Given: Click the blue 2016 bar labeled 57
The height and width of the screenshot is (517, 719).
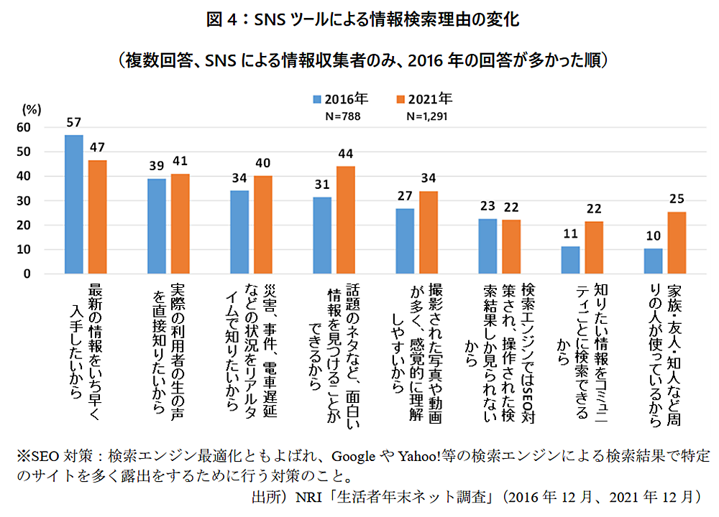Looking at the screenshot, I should click(73, 205).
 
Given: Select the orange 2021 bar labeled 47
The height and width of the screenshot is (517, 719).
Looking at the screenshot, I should click(98, 217).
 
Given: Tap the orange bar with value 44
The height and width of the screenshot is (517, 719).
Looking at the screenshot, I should click(346, 220).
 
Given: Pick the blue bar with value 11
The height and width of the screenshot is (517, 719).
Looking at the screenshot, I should click(569, 260).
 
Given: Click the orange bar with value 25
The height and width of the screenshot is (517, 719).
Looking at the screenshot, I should click(677, 243).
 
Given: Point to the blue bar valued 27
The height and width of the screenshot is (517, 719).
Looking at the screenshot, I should click(405, 241).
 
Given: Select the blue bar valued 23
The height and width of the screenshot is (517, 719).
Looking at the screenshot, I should click(487, 246).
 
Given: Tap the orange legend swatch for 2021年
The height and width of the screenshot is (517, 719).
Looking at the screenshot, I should click(400, 99).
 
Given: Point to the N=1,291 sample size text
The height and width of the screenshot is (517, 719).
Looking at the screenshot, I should click(427, 115).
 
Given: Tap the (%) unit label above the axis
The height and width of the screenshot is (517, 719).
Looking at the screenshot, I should click(32, 110).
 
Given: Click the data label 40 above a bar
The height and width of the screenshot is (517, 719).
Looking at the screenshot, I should click(263, 164).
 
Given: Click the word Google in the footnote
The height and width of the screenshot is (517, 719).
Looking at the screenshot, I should click(355, 456).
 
